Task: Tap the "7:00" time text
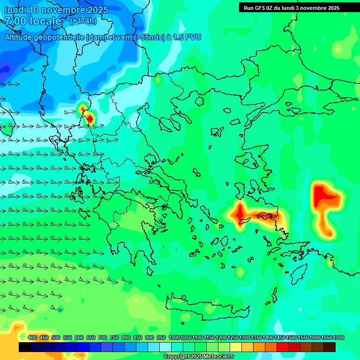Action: coord(15,21)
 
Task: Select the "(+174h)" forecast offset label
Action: coord(83,21)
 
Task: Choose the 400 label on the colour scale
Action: coord(32,338)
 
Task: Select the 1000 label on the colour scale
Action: coord(174,338)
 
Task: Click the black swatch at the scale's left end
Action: coord(25,347)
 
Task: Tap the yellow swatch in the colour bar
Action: coord(236,347)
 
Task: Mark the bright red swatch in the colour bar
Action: coord(283,347)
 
